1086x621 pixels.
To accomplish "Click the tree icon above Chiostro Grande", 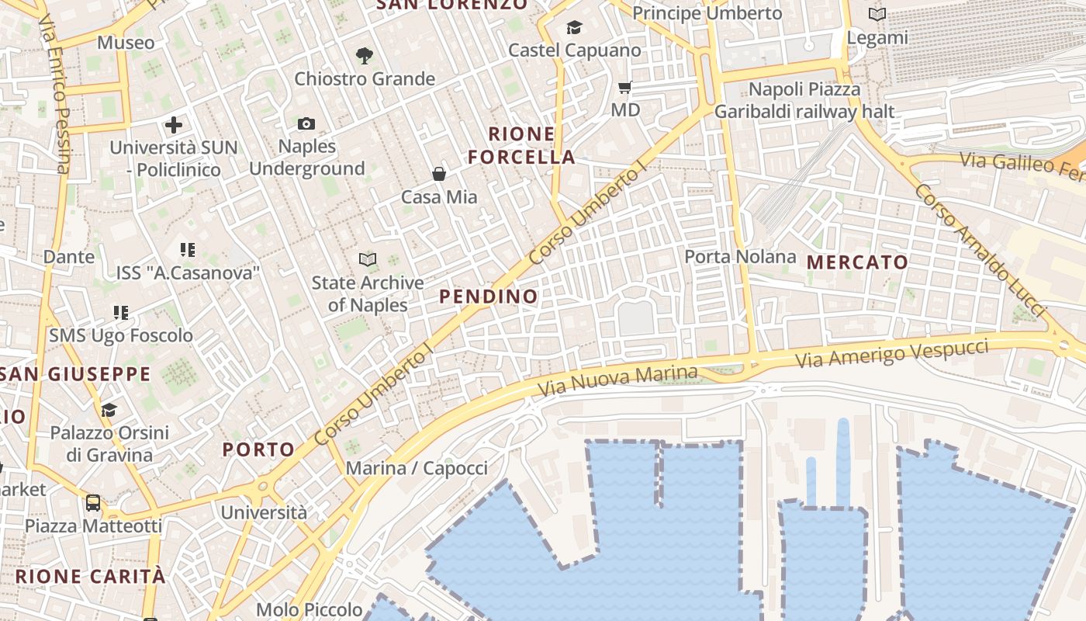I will [364, 56].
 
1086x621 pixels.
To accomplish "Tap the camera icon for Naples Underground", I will [306, 124].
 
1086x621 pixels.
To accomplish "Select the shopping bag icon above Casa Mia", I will [439, 174].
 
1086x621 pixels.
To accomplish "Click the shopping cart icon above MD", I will [625, 87].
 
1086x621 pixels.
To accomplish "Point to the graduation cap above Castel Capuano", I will [574, 28].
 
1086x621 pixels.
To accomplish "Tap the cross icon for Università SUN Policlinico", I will [174, 124].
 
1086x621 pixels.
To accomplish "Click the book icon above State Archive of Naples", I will [368, 260].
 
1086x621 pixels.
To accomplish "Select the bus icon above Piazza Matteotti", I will [93, 503].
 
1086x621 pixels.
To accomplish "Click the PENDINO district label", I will [489, 297].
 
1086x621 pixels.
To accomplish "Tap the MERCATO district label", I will [857, 262].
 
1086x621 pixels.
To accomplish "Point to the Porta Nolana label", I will [740, 256].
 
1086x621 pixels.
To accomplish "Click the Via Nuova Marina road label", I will [617, 381].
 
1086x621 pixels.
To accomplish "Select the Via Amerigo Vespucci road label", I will [893, 355].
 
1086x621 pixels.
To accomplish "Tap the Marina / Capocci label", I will [417, 468].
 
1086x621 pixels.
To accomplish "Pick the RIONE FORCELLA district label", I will [521, 145].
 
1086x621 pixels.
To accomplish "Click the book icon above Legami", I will [877, 14].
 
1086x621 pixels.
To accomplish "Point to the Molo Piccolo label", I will [309, 610].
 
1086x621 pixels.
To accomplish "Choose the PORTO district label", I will [258, 449].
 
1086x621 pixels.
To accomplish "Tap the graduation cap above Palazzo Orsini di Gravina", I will [109, 410].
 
